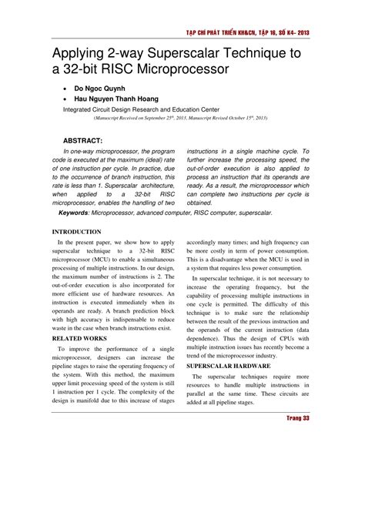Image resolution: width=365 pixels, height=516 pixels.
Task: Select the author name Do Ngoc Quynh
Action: [x=105, y=89]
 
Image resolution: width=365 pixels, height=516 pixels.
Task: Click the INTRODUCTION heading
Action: [x=76, y=231]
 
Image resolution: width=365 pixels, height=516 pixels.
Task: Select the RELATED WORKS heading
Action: [x=80, y=338]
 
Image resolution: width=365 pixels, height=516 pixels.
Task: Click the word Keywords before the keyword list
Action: [x=80, y=211]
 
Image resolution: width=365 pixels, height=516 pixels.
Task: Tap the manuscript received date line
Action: [x=179, y=119]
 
